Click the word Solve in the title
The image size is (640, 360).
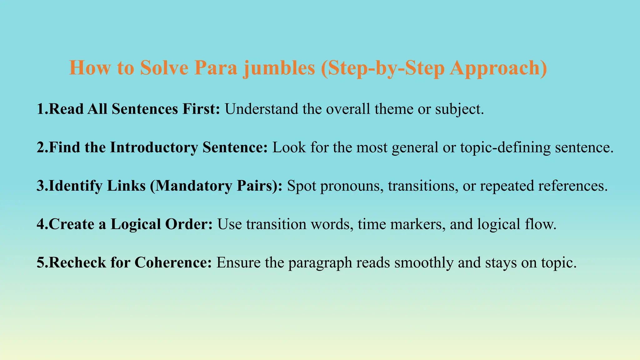(164, 67)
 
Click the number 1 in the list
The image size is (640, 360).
(41, 109)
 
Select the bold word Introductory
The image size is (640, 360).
(154, 147)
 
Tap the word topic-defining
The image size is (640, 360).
(505, 147)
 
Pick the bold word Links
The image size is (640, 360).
(126, 186)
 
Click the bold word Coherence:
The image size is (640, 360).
(173, 262)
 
